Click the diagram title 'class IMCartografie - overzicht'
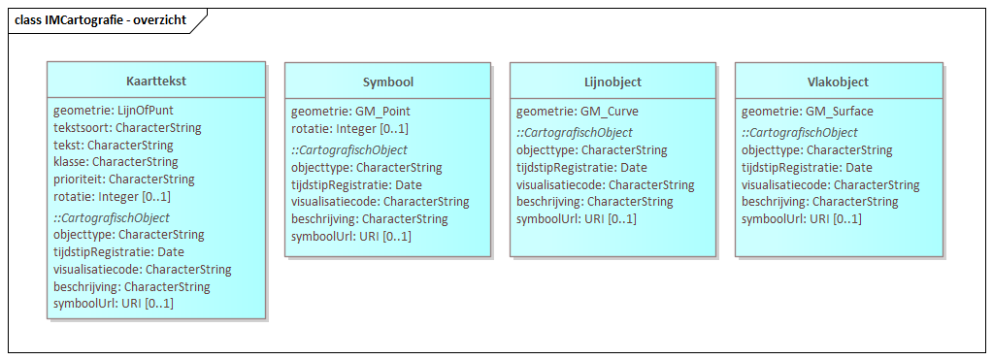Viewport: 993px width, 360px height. [100, 19]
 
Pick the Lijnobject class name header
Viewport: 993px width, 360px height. [612, 82]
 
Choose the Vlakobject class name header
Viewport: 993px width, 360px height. [838, 82]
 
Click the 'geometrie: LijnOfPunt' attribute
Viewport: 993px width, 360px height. [114, 111]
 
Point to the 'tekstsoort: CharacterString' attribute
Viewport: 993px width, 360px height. [127, 128]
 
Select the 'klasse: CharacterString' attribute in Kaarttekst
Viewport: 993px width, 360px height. [116, 162]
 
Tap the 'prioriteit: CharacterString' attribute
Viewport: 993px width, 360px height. [124, 180]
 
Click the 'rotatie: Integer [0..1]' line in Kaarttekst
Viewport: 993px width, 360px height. [112, 196]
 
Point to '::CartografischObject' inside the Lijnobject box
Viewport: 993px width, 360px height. [575, 133]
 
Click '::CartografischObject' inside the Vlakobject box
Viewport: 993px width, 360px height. [800, 133]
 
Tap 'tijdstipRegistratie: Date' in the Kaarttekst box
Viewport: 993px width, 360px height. [118, 252]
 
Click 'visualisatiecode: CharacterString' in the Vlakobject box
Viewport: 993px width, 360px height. [830, 185]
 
